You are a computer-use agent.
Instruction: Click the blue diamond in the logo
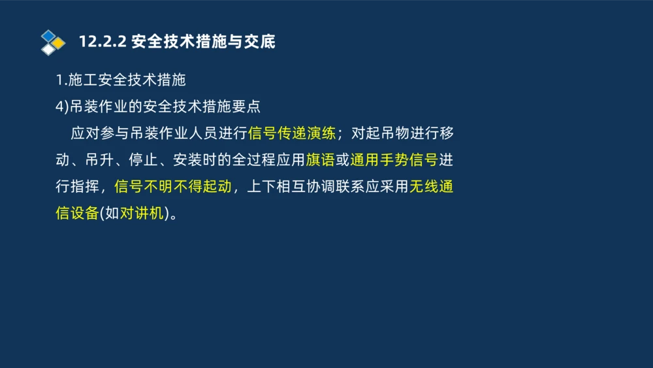click(48, 35)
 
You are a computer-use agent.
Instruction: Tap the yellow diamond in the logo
click(58, 42)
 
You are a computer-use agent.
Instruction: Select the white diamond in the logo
click(48, 49)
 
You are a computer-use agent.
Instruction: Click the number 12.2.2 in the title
click(103, 42)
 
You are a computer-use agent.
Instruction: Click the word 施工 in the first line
click(83, 80)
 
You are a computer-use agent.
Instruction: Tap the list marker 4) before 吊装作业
click(61, 106)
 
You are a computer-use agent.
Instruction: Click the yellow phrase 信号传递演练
click(292, 133)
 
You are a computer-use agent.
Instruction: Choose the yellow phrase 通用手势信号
click(394, 160)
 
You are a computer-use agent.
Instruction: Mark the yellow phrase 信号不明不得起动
click(172, 187)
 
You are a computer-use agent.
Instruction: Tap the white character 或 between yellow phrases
click(342, 160)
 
